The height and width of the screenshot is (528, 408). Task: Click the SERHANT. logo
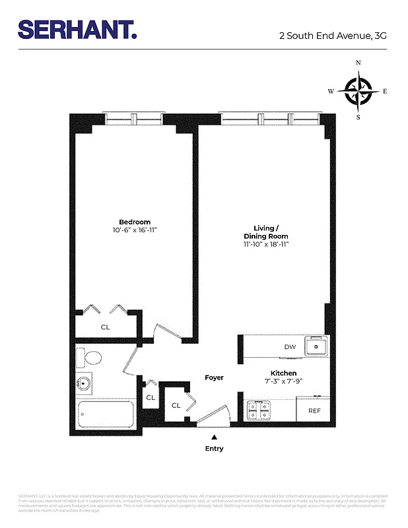pos(77,30)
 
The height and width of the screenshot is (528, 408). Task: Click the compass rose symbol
pos(358,90)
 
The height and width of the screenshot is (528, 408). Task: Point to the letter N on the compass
pos(358,62)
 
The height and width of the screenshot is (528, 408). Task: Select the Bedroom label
pos(135,222)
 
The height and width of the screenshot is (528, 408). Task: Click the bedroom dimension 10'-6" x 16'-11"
pos(135,230)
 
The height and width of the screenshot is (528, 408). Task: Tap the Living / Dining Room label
pos(267,232)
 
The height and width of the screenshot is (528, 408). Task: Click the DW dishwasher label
pos(289,346)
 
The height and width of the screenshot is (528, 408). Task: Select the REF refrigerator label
pos(314,411)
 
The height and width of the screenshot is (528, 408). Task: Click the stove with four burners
pos(258,411)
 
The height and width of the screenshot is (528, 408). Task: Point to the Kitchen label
pos(283,374)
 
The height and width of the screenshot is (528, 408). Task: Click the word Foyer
pos(214,378)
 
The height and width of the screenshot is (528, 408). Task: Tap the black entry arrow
pos(214,436)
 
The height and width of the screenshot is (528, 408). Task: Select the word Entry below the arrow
pos(214,449)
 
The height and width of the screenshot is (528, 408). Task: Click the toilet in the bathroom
pos(90,358)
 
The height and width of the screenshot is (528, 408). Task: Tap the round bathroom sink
pos(84,383)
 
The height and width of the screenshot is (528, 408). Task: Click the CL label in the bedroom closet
pos(105,327)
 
